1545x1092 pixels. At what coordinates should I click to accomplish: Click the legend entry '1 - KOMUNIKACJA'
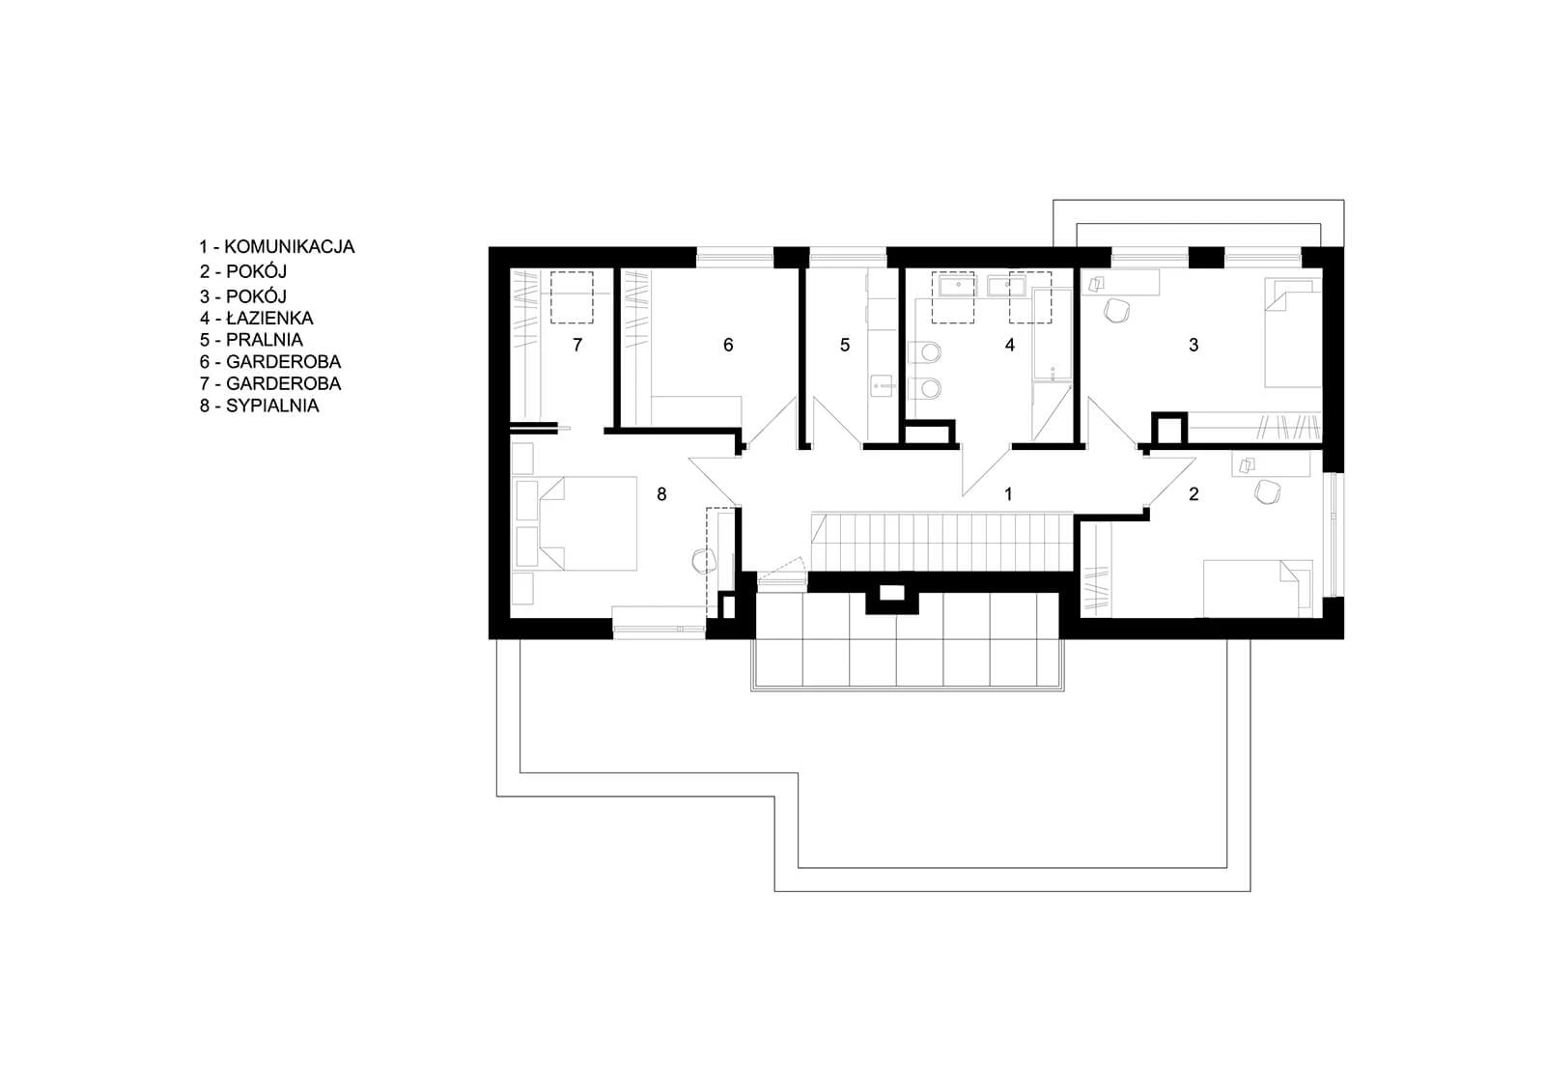pos(276,247)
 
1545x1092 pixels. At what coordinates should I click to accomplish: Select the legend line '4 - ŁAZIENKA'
pos(257,318)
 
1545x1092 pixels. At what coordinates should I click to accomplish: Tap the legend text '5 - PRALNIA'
pos(251,340)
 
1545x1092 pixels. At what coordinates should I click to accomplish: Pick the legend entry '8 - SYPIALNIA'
pos(260,406)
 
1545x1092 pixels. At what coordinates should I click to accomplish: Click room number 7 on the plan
pos(577,345)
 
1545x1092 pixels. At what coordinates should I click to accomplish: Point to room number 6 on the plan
pos(728,345)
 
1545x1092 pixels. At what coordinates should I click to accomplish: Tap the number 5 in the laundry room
pos(844,345)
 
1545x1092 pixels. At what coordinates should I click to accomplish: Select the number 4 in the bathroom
pos(1009,345)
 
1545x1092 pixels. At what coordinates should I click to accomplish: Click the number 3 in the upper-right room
pos(1194,345)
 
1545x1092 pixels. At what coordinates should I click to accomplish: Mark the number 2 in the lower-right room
pos(1194,494)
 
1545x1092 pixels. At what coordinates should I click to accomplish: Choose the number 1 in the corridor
pos(1008,494)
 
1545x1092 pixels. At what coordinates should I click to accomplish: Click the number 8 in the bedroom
pos(661,494)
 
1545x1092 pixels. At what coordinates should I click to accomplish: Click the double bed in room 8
pos(588,523)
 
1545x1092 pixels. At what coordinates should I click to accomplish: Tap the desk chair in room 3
pos(1116,311)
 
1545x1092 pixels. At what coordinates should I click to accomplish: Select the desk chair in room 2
pos(1267,491)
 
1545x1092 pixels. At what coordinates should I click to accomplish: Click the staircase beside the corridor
pos(941,542)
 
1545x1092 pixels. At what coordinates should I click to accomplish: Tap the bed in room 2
pos(1257,588)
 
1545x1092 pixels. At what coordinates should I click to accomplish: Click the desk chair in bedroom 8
pos(704,561)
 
